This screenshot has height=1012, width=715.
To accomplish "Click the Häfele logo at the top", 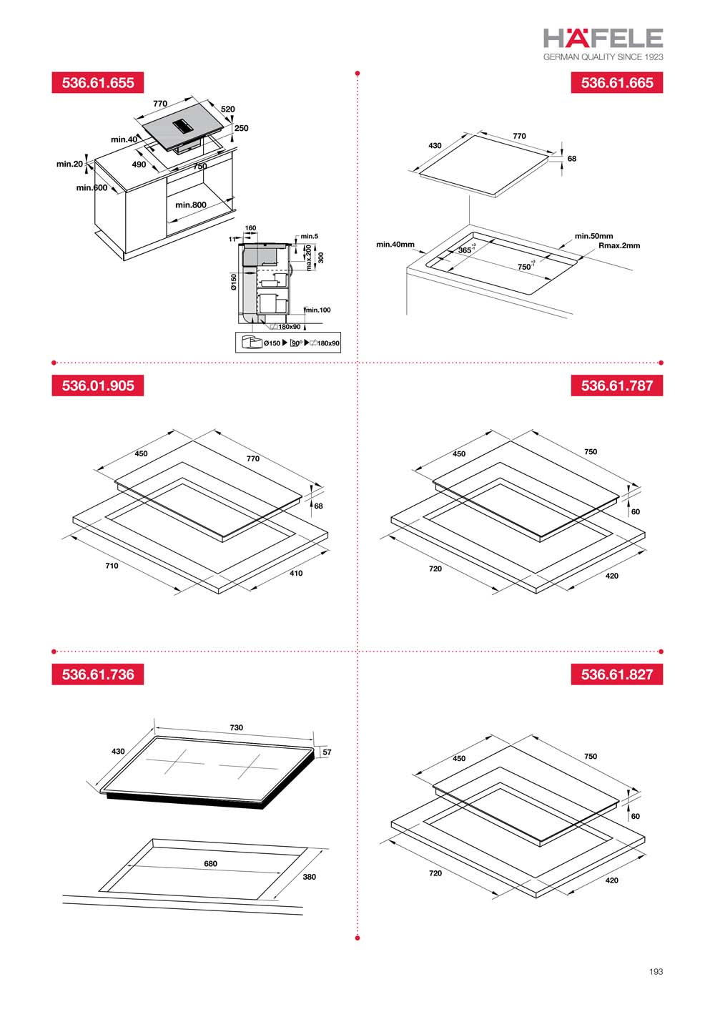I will (x=603, y=38).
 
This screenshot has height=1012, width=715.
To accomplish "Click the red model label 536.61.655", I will (x=98, y=82).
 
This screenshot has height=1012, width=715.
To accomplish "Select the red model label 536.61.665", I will (x=617, y=82).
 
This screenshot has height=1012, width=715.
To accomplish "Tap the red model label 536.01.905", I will (x=98, y=385).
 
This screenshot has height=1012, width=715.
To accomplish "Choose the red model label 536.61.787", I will (x=617, y=385).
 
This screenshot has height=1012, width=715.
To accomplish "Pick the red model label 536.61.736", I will (x=98, y=674).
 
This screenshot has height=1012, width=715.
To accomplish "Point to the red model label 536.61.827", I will (x=617, y=674).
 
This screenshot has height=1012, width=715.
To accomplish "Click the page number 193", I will (x=656, y=971).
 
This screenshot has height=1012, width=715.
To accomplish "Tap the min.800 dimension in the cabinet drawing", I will (x=191, y=205).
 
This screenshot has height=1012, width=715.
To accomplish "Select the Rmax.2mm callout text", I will (x=619, y=245).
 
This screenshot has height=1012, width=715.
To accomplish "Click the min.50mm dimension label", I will (x=593, y=236).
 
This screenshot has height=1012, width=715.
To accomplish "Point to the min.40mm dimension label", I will (x=395, y=245).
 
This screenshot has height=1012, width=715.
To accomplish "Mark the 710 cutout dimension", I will (x=112, y=566).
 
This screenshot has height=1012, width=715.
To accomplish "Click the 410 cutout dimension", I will (x=296, y=573).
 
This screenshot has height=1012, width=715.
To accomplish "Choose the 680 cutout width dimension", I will (x=210, y=864).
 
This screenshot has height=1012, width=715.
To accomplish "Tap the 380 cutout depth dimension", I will (x=309, y=877).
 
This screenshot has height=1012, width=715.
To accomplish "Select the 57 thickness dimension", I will (x=327, y=752).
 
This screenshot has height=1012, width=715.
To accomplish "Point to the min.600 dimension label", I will (x=92, y=188).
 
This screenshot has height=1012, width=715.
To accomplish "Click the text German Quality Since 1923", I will (x=603, y=57).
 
